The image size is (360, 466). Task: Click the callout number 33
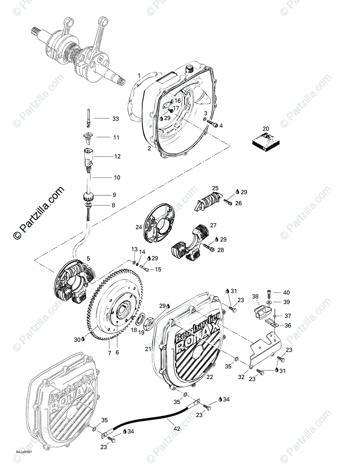pyautogui.click(x=116, y=119)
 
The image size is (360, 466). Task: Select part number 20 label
pyautogui.click(x=266, y=129)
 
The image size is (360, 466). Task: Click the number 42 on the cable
pyautogui.click(x=177, y=429)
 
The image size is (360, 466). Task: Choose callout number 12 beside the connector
pyautogui.click(x=117, y=156)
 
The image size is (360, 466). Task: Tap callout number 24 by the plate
pyautogui.click(x=139, y=227)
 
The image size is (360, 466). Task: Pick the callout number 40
pyautogui.click(x=286, y=292)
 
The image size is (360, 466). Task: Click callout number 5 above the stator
pyautogui.click(x=88, y=258)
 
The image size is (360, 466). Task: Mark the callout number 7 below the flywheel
pyautogui.click(x=110, y=353)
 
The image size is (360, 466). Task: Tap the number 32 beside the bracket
pyautogui.click(x=241, y=377)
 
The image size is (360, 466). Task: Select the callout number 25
pyautogui.click(x=215, y=188)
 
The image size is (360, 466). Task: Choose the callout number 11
pyautogui.click(x=116, y=137)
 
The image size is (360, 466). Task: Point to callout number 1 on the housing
pyautogui.click(x=139, y=75)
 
